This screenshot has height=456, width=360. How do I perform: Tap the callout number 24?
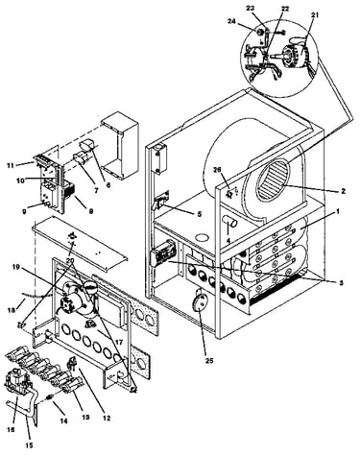231,21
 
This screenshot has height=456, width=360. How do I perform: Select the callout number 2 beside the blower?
343,191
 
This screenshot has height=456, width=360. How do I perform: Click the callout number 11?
11,165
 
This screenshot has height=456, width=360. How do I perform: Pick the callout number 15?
30,444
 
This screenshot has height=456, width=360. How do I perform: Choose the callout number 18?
11,310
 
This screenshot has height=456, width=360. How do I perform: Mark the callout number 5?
199,214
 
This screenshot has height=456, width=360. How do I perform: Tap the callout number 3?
341,283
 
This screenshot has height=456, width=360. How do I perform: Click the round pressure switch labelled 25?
199,300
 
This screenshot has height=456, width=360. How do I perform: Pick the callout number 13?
85,418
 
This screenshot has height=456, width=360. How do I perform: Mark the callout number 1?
337,211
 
